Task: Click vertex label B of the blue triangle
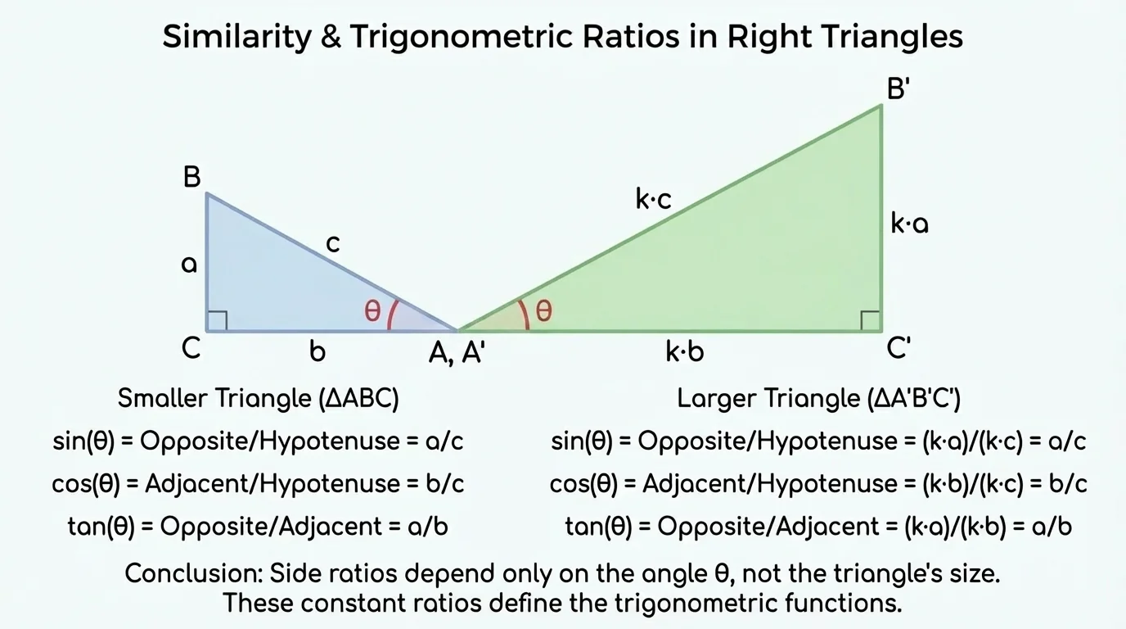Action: pyautogui.click(x=191, y=177)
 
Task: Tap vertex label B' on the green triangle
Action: pyautogui.click(x=899, y=89)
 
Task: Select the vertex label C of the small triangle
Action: pyautogui.click(x=191, y=349)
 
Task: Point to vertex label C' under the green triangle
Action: pyautogui.click(x=899, y=349)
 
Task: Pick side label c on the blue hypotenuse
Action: pyautogui.click(x=332, y=243)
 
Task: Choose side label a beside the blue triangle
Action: pyautogui.click(x=189, y=264)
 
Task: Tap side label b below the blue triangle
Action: pyautogui.click(x=318, y=351)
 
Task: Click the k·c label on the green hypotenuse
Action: pyautogui.click(x=653, y=199)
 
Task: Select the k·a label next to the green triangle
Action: pyautogui.click(x=909, y=224)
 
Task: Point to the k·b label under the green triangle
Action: pyautogui.click(x=684, y=352)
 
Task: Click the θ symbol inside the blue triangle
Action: pyautogui.click(x=372, y=311)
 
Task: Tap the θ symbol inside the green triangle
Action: pyautogui.click(x=543, y=311)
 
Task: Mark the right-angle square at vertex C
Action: pyautogui.click(x=217, y=321)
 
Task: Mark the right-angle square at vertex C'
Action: pyautogui.click(x=871, y=321)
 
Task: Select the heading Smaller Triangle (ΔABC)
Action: pyautogui.click(x=258, y=399)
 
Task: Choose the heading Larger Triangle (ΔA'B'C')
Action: pyautogui.click(x=818, y=399)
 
